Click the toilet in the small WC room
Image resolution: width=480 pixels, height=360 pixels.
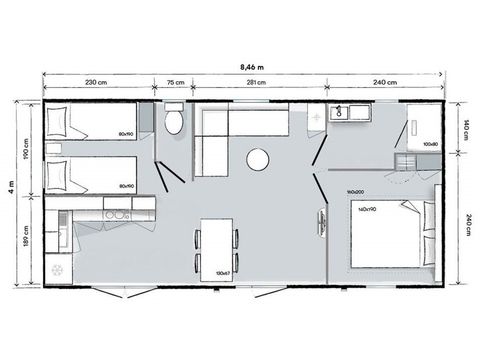pyautogui.click(x=174, y=121)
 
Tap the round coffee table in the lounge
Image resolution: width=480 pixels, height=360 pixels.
pyautogui.click(x=258, y=160)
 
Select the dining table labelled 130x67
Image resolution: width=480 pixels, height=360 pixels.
pyautogui.click(x=217, y=245)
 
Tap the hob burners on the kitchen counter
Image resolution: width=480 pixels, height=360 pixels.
pyautogui.click(x=116, y=212)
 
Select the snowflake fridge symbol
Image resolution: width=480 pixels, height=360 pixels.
pyautogui.click(x=58, y=271)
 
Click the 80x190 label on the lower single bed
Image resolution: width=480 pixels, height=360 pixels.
pyautogui.click(x=126, y=185)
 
